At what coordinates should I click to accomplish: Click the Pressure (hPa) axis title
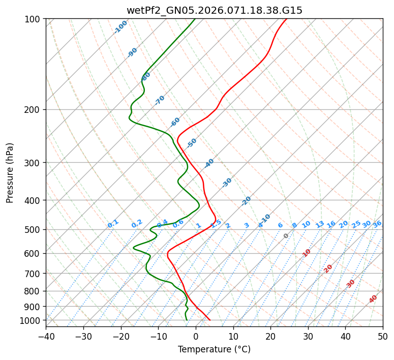tap(10, 172)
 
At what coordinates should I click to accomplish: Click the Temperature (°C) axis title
tap(214, 349)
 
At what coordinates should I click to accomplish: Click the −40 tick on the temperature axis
tap(46, 336)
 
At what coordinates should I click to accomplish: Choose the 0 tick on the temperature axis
tap(196, 336)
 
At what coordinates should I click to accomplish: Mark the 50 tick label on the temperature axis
tap(383, 336)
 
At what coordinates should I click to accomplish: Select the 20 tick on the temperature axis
tap(270, 336)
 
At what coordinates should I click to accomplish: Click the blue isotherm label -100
tap(120, 27)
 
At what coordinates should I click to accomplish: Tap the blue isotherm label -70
tap(160, 100)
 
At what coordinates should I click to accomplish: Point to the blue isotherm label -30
tap(227, 183)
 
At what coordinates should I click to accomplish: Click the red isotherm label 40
tap(373, 299)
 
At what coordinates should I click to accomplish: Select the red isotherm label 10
tap(307, 253)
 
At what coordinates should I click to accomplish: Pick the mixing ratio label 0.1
tap(113, 224)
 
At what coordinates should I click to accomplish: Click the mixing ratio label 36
tap(377, 224)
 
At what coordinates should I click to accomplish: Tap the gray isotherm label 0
tap(286, 236)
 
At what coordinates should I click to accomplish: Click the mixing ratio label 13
tap(320, 224)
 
